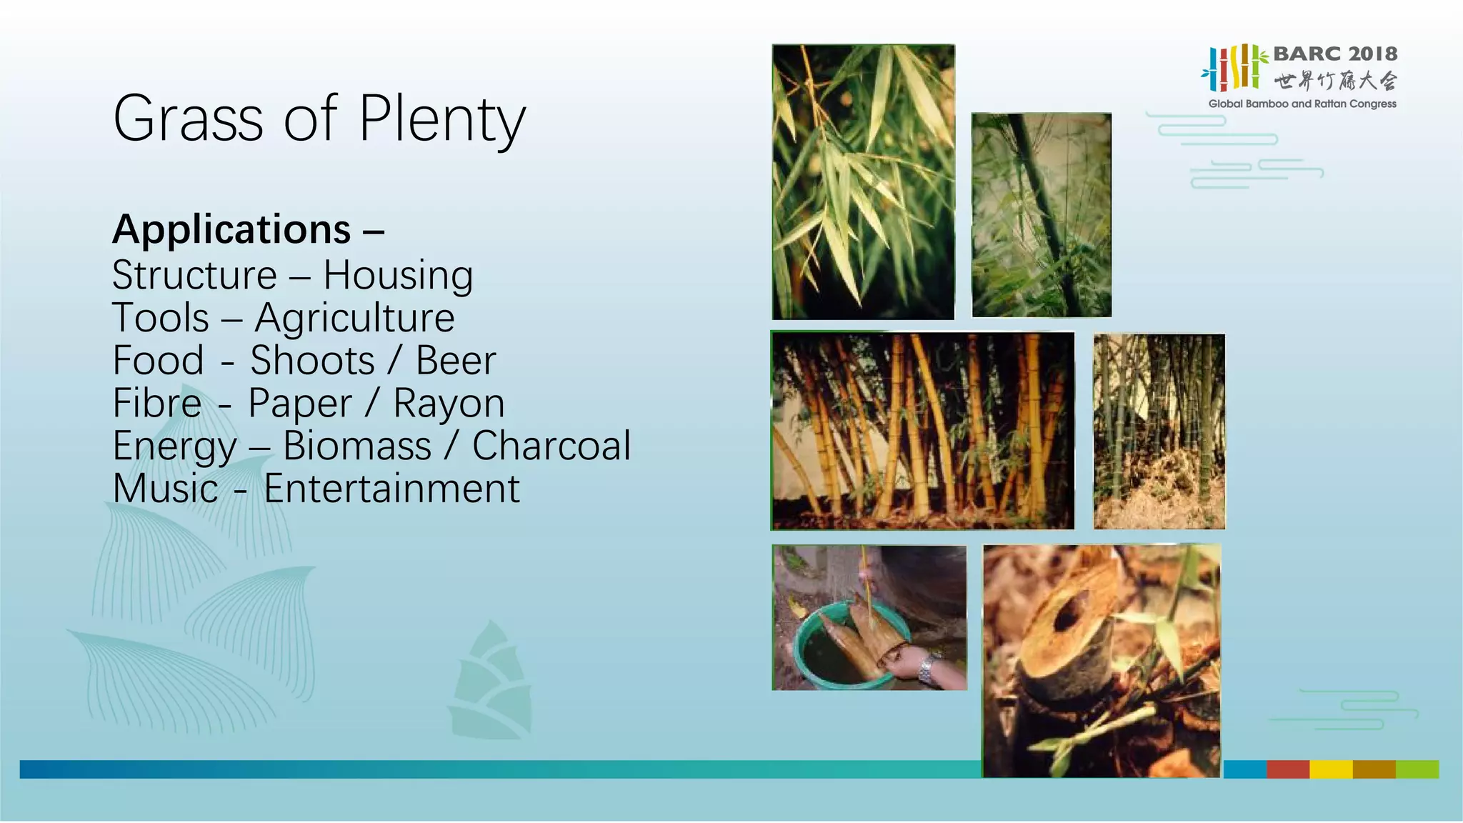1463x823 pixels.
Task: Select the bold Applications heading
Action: (x=232, y=230)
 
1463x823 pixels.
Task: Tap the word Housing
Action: (x=398, y=276)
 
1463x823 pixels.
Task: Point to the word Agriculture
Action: (x=354, y=319)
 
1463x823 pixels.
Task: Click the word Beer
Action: (x=456, y=361)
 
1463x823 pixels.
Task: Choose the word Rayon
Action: (x=449, y=404)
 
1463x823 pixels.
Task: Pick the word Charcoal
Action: (x=551, y=447)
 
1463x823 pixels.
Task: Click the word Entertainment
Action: (x=391, y=489)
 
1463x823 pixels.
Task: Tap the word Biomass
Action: (x=357, y=447)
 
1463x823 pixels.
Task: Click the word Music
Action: (x=166, y=489)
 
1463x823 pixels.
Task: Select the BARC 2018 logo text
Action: (x=1334, y=54)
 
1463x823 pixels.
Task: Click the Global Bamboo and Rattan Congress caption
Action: (x=1302, y=104)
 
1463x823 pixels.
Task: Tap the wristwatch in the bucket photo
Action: (x=927, y=668)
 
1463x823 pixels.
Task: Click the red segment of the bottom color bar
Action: (x=1287, y=769)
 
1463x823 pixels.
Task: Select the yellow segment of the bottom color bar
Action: (x=1330, y=769)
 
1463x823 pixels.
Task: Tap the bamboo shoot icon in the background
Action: (x=491, y=682)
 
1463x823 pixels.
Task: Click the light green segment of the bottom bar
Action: (x=1417, y=769)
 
